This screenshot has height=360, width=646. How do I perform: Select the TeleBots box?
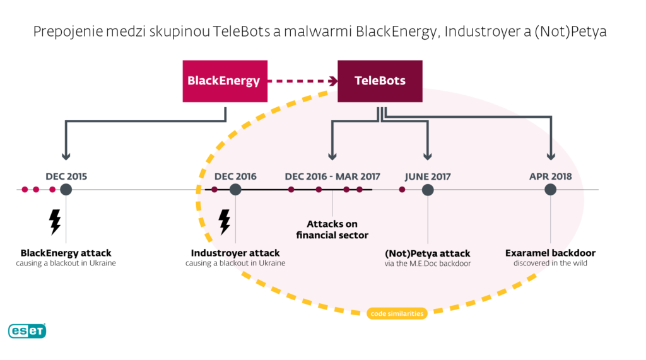[x=380, y=81]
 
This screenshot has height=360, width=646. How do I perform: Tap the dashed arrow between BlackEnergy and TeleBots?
[x=302, y=81]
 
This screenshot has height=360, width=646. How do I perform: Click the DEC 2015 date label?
[x=66, y=177]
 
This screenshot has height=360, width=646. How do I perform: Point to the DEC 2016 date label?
[x=235, y=177]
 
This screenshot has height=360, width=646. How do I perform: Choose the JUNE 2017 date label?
[x=428, y=177]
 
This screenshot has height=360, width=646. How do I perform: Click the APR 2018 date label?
[x=550, y=177]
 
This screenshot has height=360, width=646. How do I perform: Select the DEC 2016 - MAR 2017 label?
[x=332, y=177]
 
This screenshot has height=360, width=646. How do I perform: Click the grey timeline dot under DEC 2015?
[x=66, y=189]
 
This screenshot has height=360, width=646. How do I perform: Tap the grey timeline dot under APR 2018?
[x=550, y=189]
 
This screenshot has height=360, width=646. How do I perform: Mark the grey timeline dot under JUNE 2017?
[x=428, y=189]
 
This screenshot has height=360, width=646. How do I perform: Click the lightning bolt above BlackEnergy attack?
[x=55, y=222]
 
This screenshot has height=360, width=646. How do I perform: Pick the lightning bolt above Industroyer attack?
[x=224, y=222]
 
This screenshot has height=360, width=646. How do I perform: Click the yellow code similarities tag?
[x=396, y=313]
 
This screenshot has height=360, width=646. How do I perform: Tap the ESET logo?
[x=27, y=330]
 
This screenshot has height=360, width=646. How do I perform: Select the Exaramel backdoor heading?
[x=550, y=253]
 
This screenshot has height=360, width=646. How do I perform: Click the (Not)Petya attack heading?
[x=428, y=253]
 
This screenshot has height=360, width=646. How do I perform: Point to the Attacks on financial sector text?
[x=332, y=229]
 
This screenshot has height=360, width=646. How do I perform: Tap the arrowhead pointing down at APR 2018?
[x=551, y=156]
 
